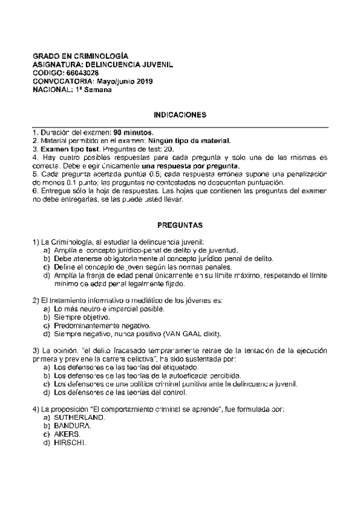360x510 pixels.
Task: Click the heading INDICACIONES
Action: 180,114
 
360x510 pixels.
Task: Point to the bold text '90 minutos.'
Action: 133,132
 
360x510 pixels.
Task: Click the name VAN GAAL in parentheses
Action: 185,334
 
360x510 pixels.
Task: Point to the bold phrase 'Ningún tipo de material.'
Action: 189,141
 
